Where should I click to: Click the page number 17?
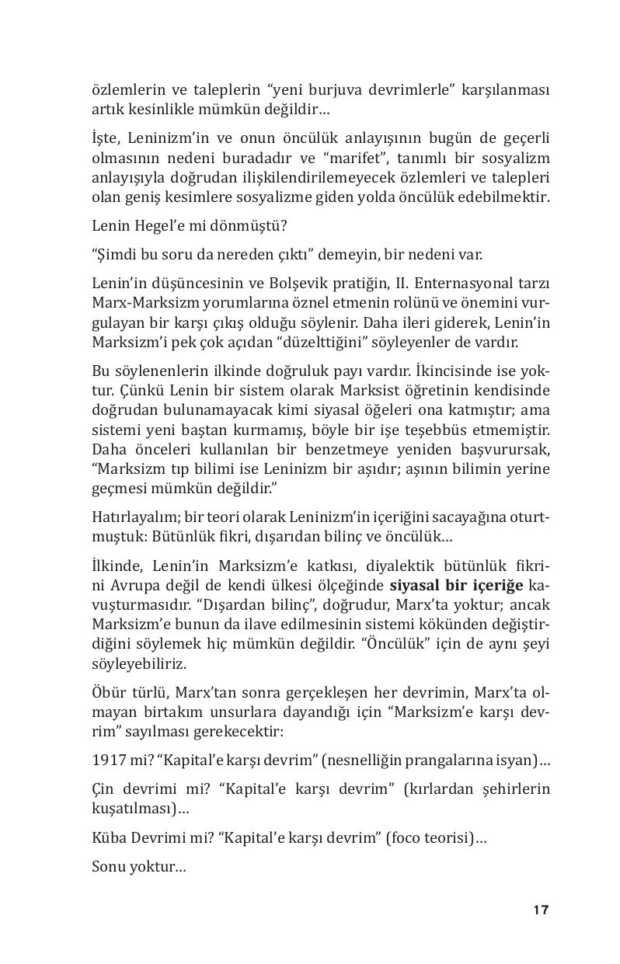click(541, 910)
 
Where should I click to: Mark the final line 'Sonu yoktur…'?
click(138, 865)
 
